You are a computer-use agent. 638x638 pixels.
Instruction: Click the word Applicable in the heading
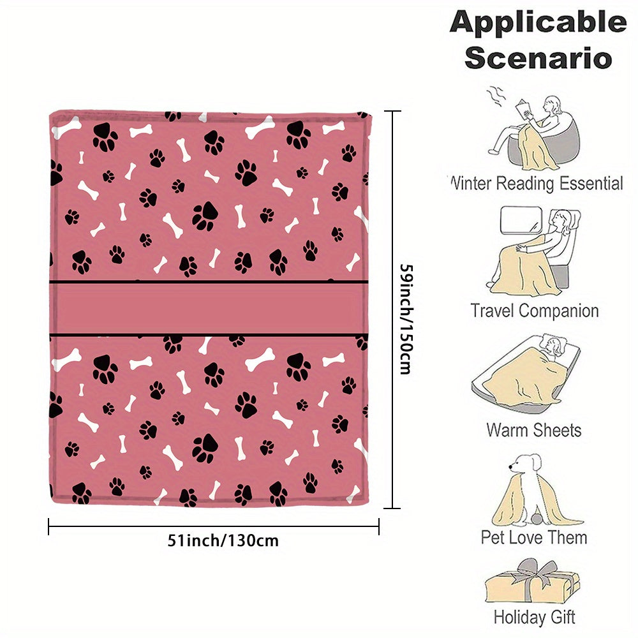[538, 22]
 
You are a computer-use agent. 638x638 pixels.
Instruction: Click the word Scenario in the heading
[538, 58]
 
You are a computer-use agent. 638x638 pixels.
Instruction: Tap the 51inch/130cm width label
[223, 541]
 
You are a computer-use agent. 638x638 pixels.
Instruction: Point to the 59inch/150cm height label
[406, 319]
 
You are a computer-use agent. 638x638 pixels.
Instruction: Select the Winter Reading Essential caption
[537, 183]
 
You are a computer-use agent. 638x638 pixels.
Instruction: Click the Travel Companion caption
[535, 311]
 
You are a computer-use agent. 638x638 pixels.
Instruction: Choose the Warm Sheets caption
[534, 430]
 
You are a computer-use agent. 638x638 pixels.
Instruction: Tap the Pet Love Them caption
[534, 537]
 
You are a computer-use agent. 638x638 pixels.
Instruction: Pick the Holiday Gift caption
[534, 617]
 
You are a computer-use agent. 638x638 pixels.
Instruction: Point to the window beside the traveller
[521, 220]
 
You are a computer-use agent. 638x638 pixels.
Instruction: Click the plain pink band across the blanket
[209, 308]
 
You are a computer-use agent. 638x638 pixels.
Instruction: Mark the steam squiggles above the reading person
[495, 96]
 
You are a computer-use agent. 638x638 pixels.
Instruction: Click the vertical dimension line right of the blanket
[392, 309]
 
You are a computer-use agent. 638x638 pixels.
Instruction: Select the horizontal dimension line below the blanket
[214, 526]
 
